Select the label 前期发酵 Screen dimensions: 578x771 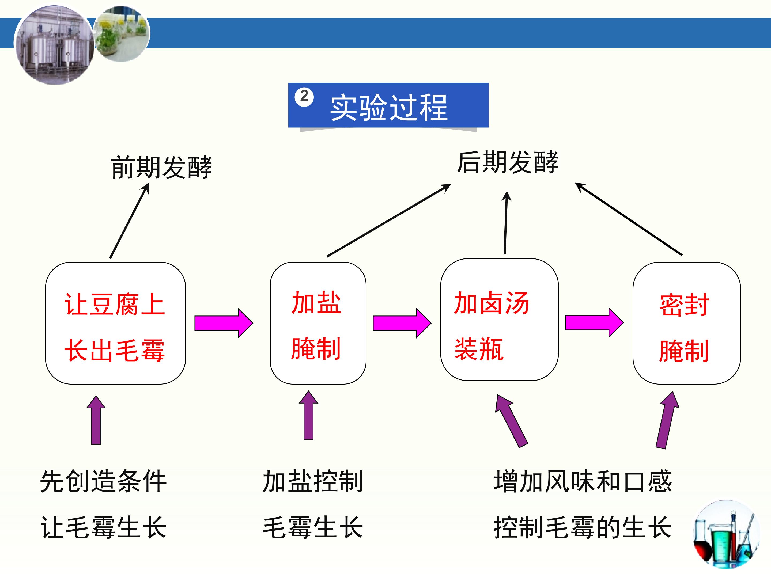161,167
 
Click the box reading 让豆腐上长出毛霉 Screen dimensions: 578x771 115,323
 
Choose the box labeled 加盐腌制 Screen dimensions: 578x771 318,323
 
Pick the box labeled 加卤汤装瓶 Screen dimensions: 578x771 499,320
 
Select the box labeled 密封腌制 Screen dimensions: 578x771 686,323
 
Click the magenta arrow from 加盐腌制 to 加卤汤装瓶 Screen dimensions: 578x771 402,323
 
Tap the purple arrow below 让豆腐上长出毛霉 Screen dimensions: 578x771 96,421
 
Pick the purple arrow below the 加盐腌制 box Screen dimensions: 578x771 308,416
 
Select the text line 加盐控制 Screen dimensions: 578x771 313,481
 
